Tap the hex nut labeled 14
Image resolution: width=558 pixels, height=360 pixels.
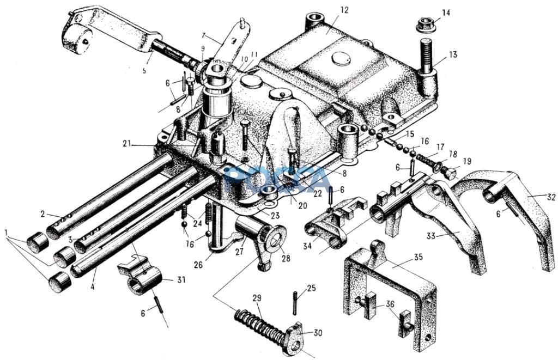pos(424,25)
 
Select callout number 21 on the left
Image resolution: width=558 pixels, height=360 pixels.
pos(128,144)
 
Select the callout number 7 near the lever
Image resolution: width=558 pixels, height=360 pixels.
pos(203,35)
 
